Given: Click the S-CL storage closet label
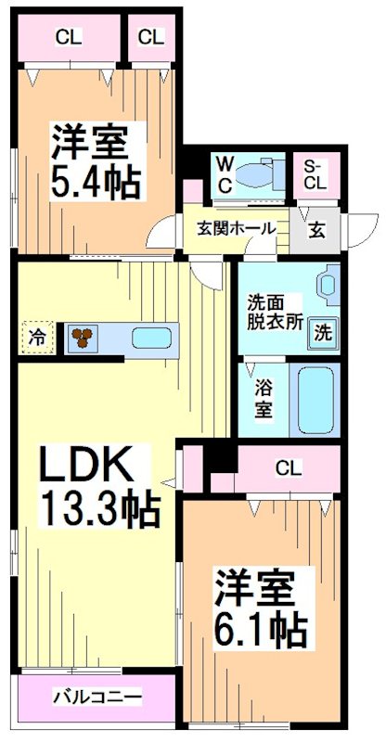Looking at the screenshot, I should click(315, 174).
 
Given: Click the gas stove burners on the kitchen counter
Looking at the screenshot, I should click(83, 338).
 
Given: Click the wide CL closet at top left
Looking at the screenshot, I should click(67, 38).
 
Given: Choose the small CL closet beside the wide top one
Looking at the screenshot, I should click(151, 38).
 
